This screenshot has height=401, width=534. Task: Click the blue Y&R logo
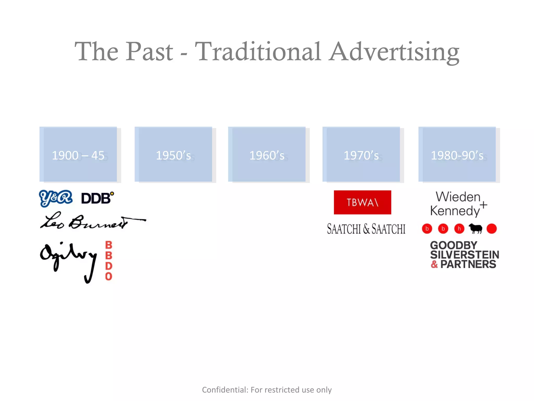[56, 198]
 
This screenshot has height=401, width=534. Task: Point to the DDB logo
[97, 198]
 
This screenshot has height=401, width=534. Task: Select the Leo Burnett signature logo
[89, 221]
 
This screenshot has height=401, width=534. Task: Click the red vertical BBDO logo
[109, 261]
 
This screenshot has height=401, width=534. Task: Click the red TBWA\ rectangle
[362, 202]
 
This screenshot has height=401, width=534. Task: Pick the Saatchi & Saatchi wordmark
[366, 229]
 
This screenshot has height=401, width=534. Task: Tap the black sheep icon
[476, 229]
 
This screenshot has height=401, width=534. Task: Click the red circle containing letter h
[459, 229]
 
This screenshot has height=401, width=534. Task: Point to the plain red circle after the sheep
[491, 229]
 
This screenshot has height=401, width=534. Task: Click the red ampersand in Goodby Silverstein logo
[434, 264]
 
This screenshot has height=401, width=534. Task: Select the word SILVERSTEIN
[464, 255]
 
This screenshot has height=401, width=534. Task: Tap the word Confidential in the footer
[225, 390]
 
